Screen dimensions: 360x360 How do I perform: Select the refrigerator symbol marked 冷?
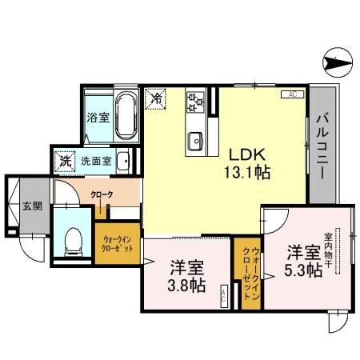(158, 98)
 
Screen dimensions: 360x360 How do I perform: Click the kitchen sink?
(195, 142)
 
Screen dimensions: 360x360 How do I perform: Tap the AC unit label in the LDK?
(292, 95)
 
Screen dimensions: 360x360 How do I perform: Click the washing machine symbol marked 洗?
(66, 160)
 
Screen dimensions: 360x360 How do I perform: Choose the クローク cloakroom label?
(101, 194)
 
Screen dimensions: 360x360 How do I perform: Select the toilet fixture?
(74, 238)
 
